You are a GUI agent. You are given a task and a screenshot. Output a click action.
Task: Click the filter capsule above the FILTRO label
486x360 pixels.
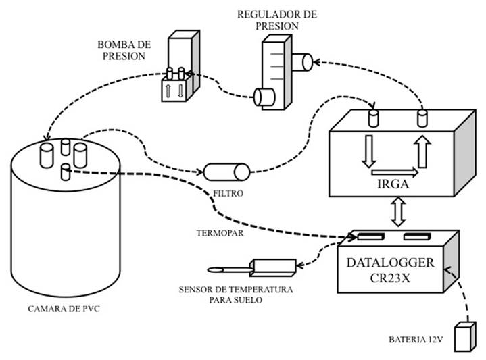click(x=228, y=172)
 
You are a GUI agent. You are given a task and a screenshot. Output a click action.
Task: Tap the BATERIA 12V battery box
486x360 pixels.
click(x=465, y=337)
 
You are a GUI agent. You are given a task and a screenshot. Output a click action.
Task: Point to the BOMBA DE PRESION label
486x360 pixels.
click(x=124, y=51)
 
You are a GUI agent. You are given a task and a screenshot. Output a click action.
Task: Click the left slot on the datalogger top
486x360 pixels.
click(x=370, y=237)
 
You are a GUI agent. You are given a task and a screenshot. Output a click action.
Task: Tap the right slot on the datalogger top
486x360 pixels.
click(x=416, y=237)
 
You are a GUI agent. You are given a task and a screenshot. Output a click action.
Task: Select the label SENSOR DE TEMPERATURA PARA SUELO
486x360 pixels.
click(x=235, y=294)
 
